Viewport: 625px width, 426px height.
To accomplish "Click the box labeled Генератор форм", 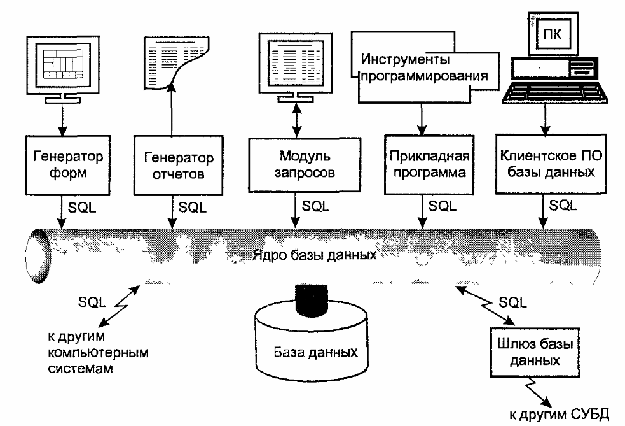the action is (x=68, y=165).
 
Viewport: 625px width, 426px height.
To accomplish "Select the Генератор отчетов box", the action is (x=178, y=166).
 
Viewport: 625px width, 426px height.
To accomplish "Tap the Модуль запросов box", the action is (x=305, y=164).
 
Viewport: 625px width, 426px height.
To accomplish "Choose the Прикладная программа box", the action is (x=429, y=164).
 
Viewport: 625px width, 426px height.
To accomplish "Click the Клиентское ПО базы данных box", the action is (x=551, y=164).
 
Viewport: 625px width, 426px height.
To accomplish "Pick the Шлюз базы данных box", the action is (x=535, y=352).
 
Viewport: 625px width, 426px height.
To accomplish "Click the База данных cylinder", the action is (x=312, y=344).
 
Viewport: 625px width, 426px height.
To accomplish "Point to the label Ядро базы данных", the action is (x=315, y=255).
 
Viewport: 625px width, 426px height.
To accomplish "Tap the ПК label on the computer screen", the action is (x=553, y=34).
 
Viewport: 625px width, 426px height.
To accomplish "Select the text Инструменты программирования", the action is (x=424, y=67).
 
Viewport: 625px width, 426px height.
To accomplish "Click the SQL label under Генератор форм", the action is (x=82, y=208).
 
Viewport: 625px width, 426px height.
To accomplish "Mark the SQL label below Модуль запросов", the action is (x=316, y=206).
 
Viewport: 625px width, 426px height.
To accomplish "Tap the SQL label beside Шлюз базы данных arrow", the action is (x=512, y=302).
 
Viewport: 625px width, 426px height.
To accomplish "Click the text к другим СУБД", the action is (x=560, y=415).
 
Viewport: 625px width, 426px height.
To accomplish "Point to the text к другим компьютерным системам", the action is (x=98, y=352).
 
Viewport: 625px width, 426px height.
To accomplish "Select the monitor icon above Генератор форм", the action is (x=62, y=70).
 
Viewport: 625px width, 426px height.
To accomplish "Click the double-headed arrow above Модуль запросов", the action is (x=296, y=120).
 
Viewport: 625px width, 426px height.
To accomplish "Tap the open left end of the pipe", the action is (x=37, y=256).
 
